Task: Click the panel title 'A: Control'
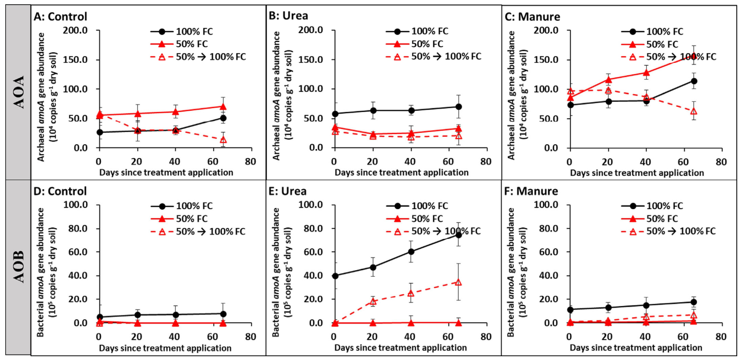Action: coord(61,16)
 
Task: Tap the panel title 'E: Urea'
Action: coord(288,191)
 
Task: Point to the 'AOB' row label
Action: coord(19,267)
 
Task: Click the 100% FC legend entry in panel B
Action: coord(417,31)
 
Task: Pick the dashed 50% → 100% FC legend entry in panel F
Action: coord(668,231)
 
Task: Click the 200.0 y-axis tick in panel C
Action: coord(546,30)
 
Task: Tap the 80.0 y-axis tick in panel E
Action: coord(311,228)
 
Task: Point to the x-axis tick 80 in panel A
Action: coord(251,161)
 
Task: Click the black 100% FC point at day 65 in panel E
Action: coord(459,235)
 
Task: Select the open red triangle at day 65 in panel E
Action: coord(459,282)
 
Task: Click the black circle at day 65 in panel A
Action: coord(223,118)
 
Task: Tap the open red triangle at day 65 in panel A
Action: coord(223,140)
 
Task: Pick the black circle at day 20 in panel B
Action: coord(373,111)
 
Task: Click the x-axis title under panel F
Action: coord(636,348)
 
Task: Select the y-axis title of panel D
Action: coord(47,272)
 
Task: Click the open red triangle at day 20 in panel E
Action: coord(373,301)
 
